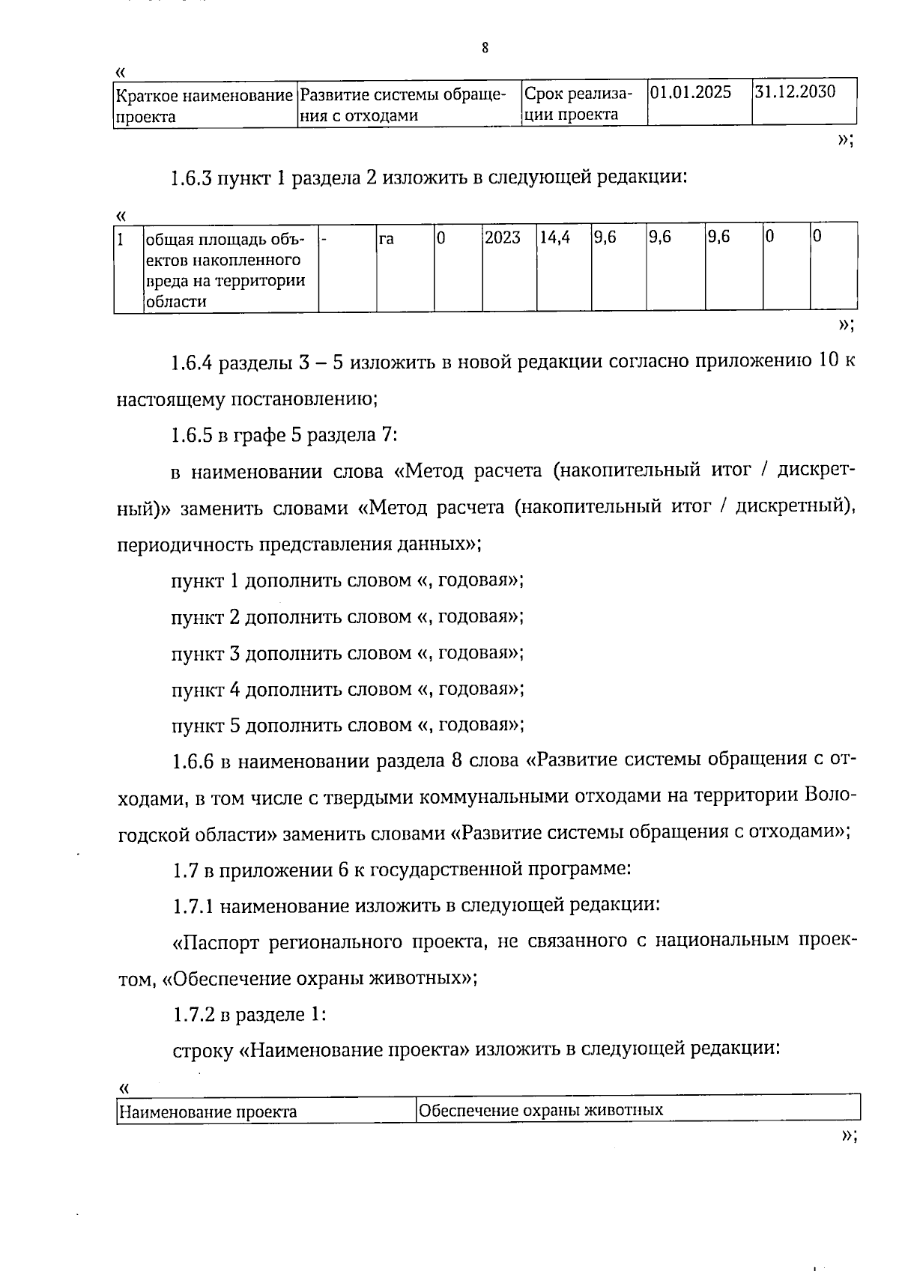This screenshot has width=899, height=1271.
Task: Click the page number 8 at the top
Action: (485, 48)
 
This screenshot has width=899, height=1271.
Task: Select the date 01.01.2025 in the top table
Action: (691, 92)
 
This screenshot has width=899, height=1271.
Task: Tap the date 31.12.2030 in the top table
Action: (795, 92)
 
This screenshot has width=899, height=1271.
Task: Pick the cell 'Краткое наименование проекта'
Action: (204, 106)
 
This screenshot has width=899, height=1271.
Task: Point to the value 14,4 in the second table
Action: (554, 237)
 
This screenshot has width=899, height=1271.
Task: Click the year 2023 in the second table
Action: (502, 237)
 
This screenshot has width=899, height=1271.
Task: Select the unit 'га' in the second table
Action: (387, 238)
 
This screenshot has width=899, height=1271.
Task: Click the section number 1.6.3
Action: (191, 178)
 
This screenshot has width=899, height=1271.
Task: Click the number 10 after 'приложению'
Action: (829, 363)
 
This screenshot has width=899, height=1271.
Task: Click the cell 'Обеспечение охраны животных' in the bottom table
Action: (541, 1110)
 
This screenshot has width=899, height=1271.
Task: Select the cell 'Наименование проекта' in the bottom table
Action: (209, 1111)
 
